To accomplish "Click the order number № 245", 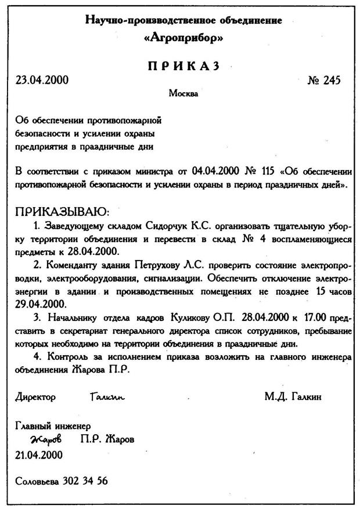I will tap(323, 80).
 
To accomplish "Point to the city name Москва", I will tap(183, 93).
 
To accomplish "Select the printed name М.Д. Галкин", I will tap(293, 397).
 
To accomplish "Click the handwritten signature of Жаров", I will tap(48, 439).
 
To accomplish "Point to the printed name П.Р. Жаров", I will tap(107, 439).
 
